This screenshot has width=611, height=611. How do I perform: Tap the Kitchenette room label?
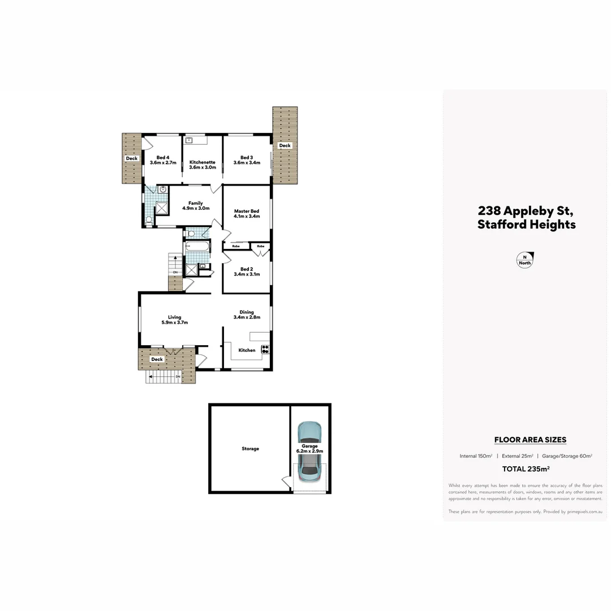[203, 162]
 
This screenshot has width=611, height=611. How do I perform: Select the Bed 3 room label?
[246, 157]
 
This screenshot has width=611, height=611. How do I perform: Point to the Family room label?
[196, 203]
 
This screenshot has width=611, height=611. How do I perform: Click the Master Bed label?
[247, 212]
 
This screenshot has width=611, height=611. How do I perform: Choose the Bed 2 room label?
[246, 269]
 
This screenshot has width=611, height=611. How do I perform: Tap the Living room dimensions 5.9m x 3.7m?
[174, 322]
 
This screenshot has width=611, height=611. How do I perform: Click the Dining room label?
[247, 312]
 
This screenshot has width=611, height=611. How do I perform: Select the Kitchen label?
[247, 350]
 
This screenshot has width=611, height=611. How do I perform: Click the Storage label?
[250, 449]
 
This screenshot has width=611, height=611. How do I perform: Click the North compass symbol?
[525, 260]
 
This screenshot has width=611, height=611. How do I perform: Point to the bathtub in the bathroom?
[197, 247]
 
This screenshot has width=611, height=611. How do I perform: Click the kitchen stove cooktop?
[265, 349]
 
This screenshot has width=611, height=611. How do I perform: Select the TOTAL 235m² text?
[526, 469]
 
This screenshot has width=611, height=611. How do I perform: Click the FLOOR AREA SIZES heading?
[530, 440]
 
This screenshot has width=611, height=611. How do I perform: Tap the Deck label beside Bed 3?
[285, 145]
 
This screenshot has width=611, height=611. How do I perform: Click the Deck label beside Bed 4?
[132, 158]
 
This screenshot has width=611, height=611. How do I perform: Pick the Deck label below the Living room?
[157, 359]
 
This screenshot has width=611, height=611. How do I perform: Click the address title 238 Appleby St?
[526, 211]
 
